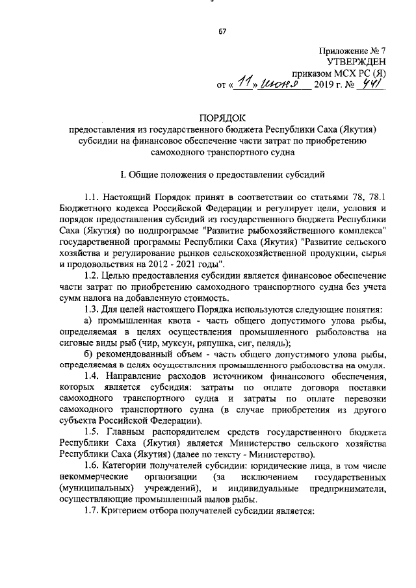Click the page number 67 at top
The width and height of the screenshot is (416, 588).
pos(221,31)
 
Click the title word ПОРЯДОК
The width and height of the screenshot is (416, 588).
pos(222,118)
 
